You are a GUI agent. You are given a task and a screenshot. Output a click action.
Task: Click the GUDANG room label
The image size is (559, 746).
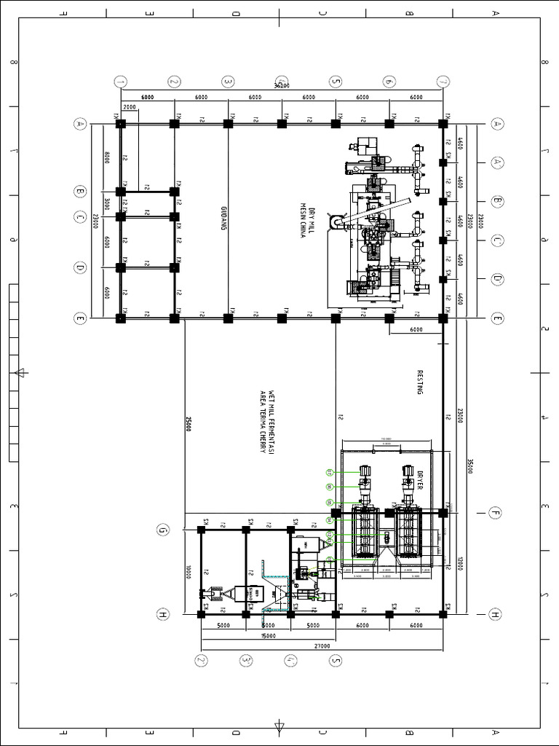[x=224, y=217]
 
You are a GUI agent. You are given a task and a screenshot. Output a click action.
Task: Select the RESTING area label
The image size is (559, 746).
[x=420, y=382]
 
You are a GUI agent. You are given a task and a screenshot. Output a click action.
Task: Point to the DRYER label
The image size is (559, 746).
[x=419, y=478]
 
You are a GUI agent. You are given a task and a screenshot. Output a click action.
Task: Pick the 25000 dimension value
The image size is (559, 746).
[x=189, y=424]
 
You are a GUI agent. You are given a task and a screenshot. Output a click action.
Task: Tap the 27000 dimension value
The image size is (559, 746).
[x=322, y=645]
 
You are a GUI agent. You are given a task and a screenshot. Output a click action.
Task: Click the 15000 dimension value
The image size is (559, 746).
[x=268, y=635]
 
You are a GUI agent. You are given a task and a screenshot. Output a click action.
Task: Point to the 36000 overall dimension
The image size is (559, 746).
[x=282, y=86]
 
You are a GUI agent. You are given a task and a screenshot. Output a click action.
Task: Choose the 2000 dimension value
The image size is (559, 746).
[x=130, y=107]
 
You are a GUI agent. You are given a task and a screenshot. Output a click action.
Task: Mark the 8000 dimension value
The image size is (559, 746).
[x=107, y=158]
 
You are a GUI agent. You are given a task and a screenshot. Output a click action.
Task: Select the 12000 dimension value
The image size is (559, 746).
[x=460, y=563]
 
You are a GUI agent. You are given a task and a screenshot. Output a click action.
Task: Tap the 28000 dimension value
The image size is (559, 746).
[x=460, y=415]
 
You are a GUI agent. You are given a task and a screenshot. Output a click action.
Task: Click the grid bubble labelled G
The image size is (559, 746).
[x=162, y=530]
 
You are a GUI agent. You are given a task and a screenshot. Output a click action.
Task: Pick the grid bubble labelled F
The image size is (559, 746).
[x=495, y=512]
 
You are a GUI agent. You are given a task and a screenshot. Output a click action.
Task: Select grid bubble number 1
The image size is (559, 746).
[x=121, y=81]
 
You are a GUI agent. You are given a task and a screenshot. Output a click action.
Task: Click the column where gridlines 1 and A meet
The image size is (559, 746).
[x=121, y=124]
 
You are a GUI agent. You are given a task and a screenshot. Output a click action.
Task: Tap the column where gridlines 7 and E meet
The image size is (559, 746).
[x=443, y=318]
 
